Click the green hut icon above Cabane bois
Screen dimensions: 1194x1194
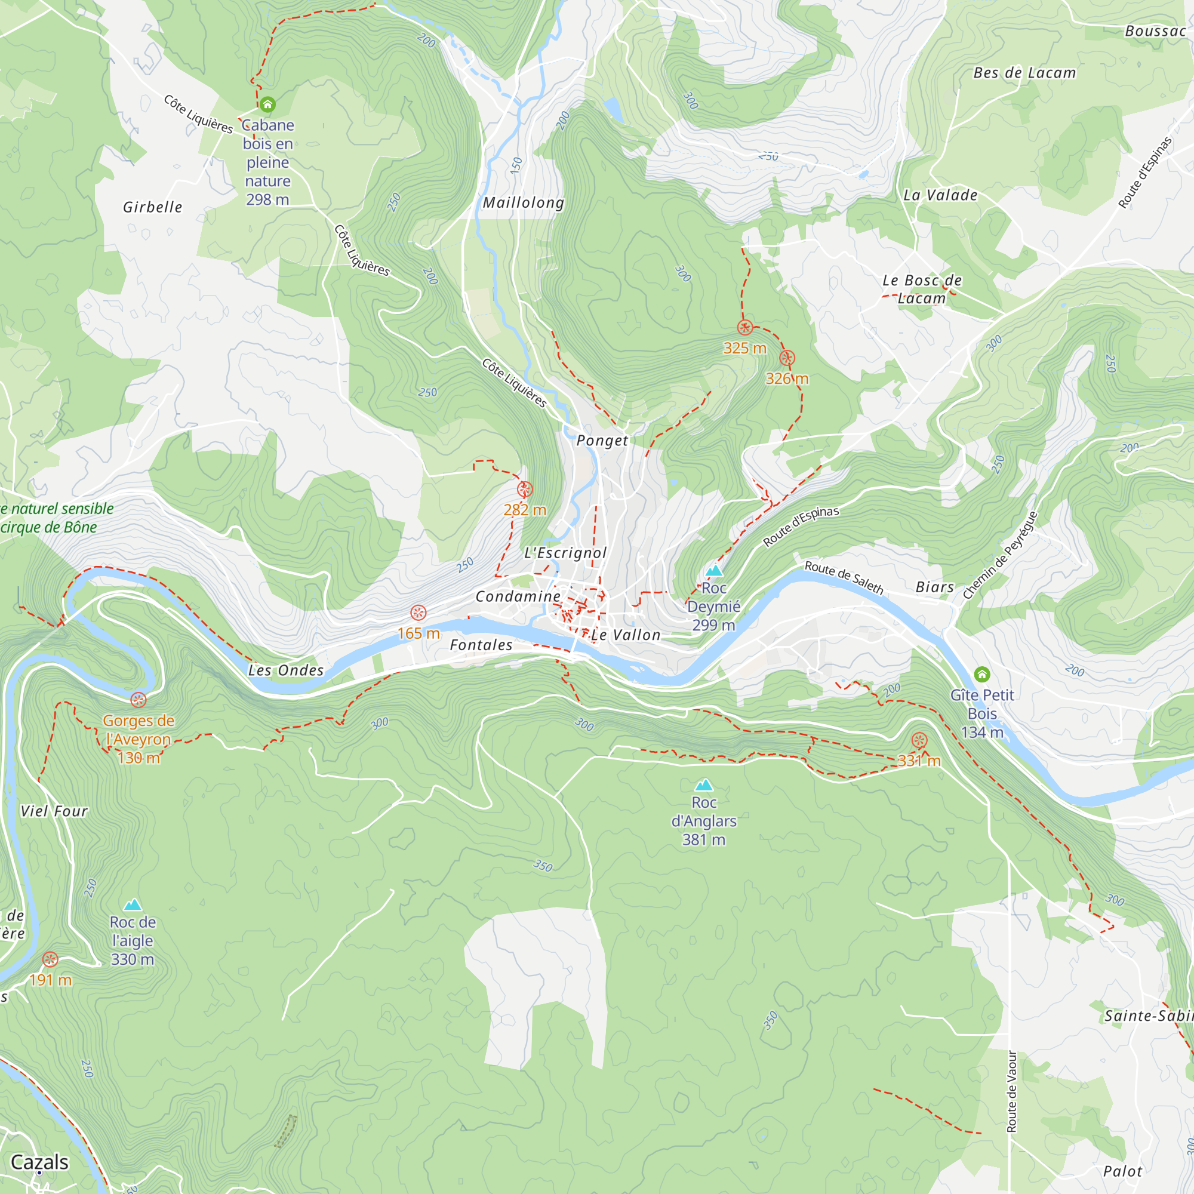coord(267,104)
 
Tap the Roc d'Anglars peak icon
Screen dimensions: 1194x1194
coord(704,786)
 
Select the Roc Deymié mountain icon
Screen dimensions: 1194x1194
coord(714,570)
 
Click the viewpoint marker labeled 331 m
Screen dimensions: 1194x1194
coord(919,740)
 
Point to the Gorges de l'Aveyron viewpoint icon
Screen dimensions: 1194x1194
coord(139,700)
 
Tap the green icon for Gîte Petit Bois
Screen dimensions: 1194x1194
coord(982,674)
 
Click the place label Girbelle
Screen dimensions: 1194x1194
coord(153,207)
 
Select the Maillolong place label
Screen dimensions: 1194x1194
coord(524,203)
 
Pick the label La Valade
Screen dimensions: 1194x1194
coord(940,195)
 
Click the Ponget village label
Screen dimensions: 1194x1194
coord(602,441)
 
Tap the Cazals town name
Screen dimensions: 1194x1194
coord(39,1162)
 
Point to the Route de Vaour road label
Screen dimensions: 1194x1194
coord(1012,1091)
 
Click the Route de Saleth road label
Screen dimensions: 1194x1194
coord(844,577)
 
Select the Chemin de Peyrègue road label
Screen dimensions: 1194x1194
coord(1000,555)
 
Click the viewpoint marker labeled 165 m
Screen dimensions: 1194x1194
coord(418,613)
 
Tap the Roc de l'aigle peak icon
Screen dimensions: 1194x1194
coord(133,906)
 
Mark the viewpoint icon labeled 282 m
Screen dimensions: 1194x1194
coord(525,490)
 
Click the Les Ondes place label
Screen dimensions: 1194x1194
coord(285,670)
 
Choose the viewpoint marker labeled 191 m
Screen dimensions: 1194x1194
coord(50,959)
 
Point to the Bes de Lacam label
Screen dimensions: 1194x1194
coord(1024,73)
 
